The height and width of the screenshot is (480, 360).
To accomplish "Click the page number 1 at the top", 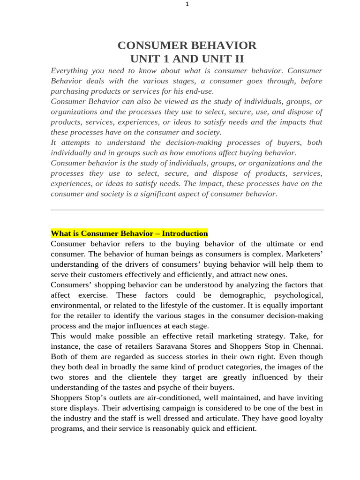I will coord(187,4).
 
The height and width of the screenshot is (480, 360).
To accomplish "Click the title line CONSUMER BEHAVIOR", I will coord(187,45).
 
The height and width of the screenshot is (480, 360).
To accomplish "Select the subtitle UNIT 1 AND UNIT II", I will coord(187,59).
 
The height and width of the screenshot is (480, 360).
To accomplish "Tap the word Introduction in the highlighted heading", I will coord(185,233).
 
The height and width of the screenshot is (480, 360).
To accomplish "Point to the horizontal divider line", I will coord(187,210).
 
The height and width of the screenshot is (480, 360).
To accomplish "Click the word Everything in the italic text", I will coord(69,71).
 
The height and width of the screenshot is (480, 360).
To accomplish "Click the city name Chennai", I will coord(307,347).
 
